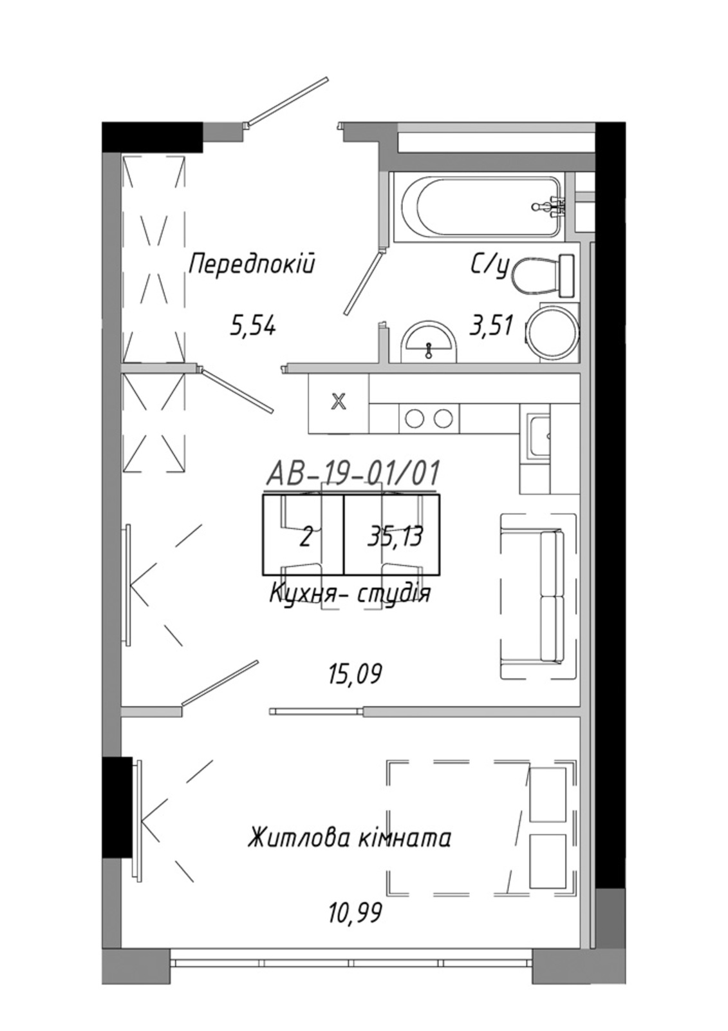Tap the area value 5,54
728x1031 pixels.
(252, 327)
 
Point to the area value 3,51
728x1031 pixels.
(490, 326)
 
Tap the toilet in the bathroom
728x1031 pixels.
(543, 275)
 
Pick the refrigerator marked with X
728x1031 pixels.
(339, 403)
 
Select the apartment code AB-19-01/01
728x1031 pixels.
(352, 474)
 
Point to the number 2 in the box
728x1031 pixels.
(305, 537)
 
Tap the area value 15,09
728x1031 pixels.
(355, 675)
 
